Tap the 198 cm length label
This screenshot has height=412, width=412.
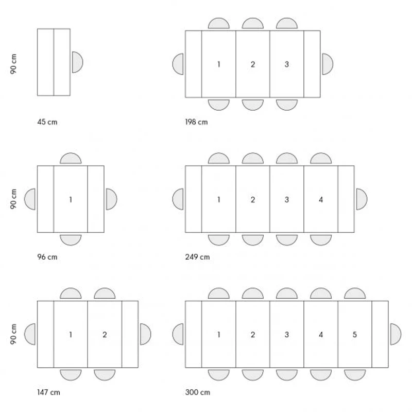(196, 122)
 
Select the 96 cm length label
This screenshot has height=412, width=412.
(47, 257)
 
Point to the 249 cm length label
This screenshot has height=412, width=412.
(197, 257)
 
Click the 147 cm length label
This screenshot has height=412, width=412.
(48, 392)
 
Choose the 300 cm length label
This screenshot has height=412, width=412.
(197, 392)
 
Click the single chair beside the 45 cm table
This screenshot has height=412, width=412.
(77, 62)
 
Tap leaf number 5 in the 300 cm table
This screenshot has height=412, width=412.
(355, 335)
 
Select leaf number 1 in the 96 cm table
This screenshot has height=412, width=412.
(71, 199)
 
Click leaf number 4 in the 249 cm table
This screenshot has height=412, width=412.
(321, 199)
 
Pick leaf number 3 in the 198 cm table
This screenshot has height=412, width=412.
(287, 64)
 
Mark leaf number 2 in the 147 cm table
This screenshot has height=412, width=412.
(105, 335)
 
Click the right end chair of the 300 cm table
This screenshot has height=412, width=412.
(395, 334)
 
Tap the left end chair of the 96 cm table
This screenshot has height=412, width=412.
(30, 199)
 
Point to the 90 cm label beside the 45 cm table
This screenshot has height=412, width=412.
(14, 64)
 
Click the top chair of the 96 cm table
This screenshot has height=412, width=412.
(71, 159)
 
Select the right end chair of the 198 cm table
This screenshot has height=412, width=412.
(327, 64)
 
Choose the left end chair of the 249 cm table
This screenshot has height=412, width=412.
(178, 199)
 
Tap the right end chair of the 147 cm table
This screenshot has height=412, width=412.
(145, 334)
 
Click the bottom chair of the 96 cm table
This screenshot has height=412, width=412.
(71, 239)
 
